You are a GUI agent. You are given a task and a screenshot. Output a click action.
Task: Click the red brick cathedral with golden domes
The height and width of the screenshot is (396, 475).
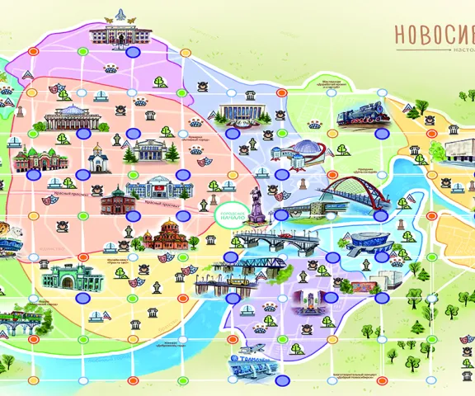coord(172,234)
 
